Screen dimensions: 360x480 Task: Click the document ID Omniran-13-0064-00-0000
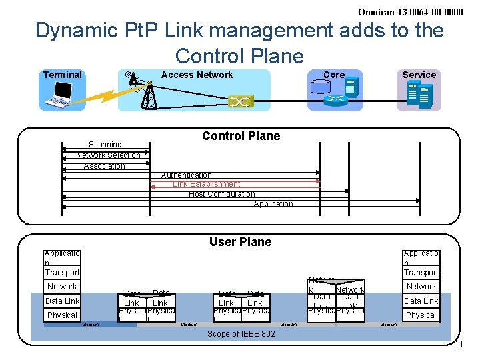[x=410, y=12]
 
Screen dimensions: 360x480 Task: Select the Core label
[x=334, y=75]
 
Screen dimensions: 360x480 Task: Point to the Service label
[x=419, y=75]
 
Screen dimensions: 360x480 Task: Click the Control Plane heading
[x=241, y=136]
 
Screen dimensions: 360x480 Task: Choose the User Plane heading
[x=240, y=242]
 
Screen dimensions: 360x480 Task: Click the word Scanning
[x=105, y=145]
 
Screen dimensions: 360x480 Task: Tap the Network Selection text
[x=108, y=155]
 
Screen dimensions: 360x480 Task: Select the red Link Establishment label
[x=206, y=184]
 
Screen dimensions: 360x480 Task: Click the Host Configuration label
[x=221, y=194]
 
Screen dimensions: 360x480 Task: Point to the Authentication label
[x=187, y=175]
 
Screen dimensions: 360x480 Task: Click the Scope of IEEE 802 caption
[x=241, y=333]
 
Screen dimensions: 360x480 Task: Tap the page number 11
[x=458, y=345]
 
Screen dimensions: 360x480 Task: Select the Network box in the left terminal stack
[x=62, y=287]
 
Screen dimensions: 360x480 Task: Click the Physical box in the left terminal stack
[x=63, y=315]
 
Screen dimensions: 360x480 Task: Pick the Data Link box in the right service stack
[x=421, y=301]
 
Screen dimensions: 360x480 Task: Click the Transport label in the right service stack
[x=421, y=272]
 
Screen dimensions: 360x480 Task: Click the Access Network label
[x=197, y=75]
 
